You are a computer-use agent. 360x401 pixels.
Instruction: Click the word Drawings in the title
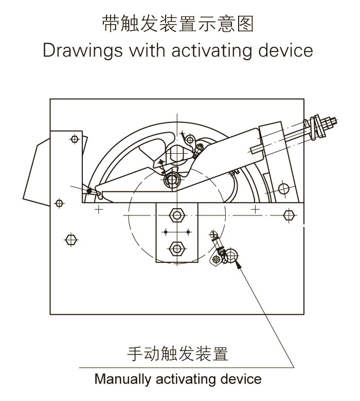(x=83, y=50)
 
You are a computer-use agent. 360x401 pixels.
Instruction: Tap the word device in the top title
(x=285, y=50)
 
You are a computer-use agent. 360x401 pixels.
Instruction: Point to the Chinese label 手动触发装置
(x=177, y=354)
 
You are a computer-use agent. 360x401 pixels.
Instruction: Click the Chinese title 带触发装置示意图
(x=177, y=24)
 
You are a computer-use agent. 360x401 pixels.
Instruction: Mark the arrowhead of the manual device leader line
(x=238, y=264)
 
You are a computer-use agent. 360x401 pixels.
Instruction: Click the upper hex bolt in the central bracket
(x=177, y=215)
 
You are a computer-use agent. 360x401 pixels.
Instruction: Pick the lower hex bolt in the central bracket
(x=177, y=248)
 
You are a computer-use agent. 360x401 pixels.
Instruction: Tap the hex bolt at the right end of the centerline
(x=289, y=215)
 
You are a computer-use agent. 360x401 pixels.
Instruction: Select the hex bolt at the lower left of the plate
(x=71, y=240)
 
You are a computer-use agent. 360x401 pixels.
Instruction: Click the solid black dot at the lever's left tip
(x=89, y=191)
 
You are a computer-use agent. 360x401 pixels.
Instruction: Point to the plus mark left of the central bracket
(x=99, y=210)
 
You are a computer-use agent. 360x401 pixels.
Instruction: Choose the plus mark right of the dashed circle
(x=255, y=209)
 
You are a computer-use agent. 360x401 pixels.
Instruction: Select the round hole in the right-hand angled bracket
(x=283, y=189)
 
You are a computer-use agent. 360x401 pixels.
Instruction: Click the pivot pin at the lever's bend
(x=172, y=180)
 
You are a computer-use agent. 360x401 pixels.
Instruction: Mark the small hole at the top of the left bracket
(x=75, y=139)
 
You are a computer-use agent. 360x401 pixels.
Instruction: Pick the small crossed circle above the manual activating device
(x=213, y=234)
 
